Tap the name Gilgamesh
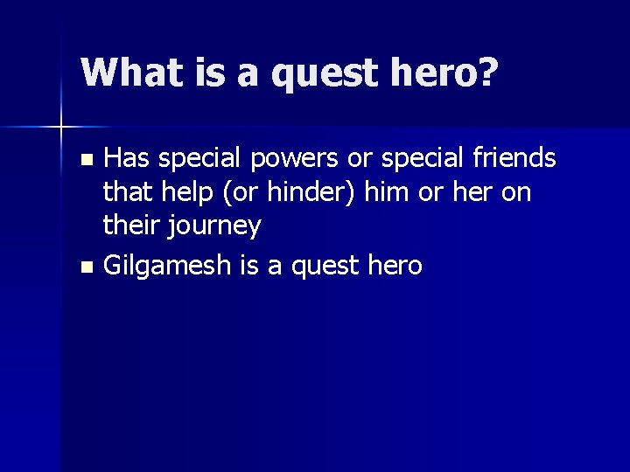point(168,266)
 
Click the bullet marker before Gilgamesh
point(86,267)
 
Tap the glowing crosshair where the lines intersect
point(61,128)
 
